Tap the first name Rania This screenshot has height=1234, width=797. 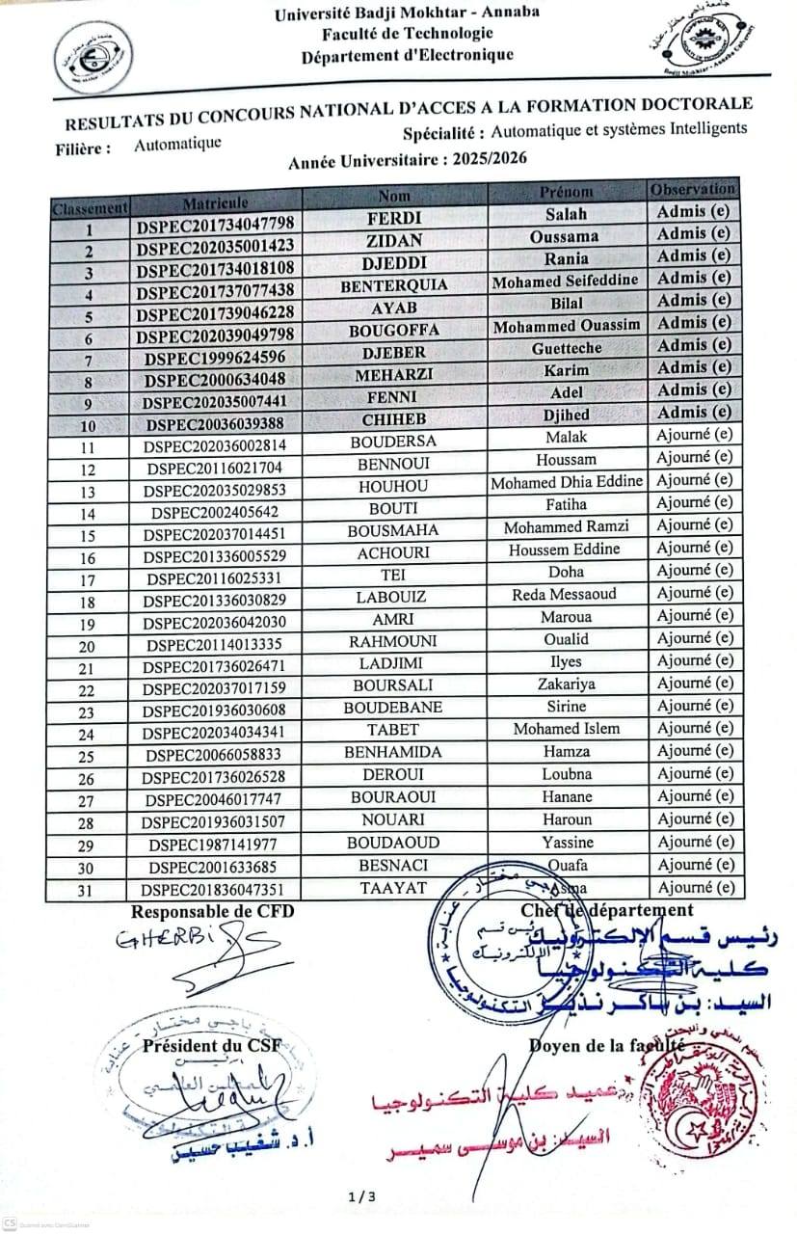coord(566,258)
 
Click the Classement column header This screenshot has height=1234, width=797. coord(89,207)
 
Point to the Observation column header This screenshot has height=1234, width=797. coord(693,189)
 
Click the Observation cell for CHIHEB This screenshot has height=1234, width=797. coord(694,412)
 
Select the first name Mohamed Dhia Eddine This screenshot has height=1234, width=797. coord(567,482)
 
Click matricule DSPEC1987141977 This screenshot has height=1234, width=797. coord(213,845)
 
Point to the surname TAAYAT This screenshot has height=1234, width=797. coord(392,888)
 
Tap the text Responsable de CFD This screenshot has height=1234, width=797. coord(212,911)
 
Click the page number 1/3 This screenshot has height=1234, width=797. coord(362,1197)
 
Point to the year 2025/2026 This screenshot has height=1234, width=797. coord(478,160)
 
